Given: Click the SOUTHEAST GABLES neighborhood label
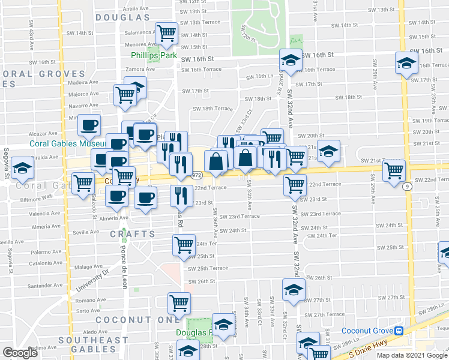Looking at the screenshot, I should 93,340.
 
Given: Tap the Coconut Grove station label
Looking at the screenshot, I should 367,331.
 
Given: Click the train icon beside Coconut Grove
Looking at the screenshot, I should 398,331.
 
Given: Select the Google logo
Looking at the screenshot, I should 20,353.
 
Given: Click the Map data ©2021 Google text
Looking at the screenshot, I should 411,355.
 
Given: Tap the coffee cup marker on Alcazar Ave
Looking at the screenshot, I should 90,126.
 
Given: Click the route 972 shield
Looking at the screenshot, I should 197,176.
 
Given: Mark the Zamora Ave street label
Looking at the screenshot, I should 140,69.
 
